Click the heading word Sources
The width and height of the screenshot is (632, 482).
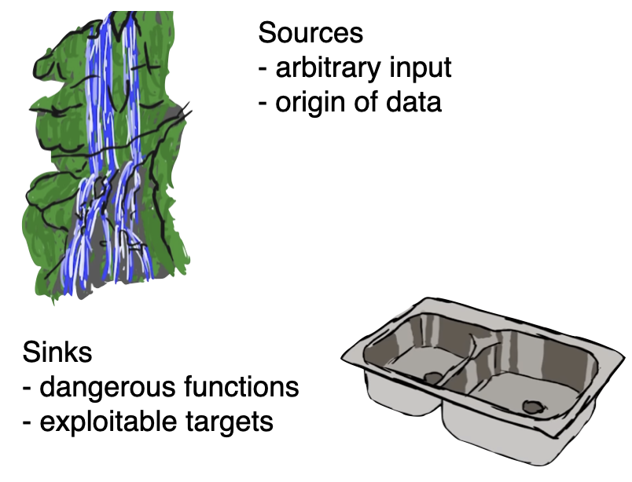coord(310,33)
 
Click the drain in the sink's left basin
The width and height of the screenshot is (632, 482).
coord(433,378)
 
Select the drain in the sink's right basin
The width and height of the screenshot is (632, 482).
coord(532,407)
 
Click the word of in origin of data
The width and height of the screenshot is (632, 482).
coord(366,102)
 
